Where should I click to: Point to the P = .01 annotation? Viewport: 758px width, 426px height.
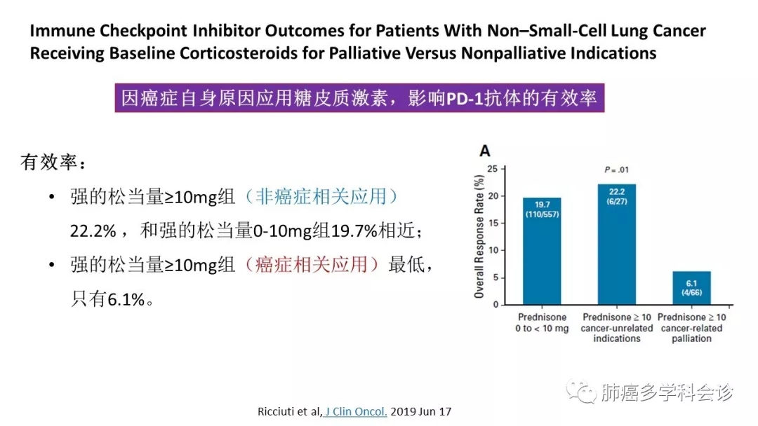616,170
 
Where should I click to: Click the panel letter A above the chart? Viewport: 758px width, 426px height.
484,151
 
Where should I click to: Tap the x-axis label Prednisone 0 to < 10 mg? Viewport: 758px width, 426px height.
543,323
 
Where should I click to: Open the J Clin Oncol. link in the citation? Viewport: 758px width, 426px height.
355,411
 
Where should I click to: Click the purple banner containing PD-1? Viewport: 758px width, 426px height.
359,98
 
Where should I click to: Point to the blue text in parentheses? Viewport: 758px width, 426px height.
321,197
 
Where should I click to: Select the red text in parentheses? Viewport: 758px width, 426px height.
312,264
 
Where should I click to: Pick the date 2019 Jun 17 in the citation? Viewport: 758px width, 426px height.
421,411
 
